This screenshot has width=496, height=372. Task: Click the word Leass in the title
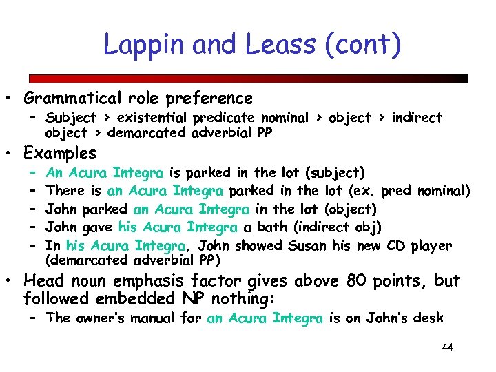276,45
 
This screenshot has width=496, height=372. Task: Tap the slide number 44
448,347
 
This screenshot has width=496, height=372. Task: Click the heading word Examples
61,152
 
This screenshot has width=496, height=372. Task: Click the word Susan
308,245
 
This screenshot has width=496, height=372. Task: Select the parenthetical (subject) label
338,172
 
